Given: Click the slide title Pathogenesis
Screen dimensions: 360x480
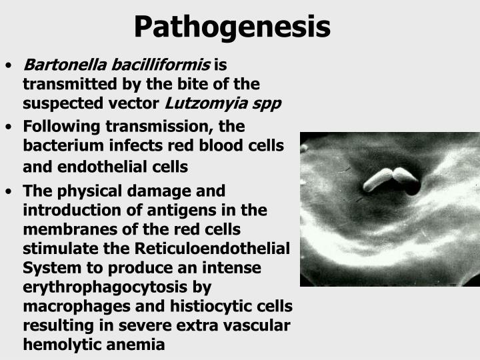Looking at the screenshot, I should pos(231,27).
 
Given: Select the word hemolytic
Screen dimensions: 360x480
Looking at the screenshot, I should pos(59,345).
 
